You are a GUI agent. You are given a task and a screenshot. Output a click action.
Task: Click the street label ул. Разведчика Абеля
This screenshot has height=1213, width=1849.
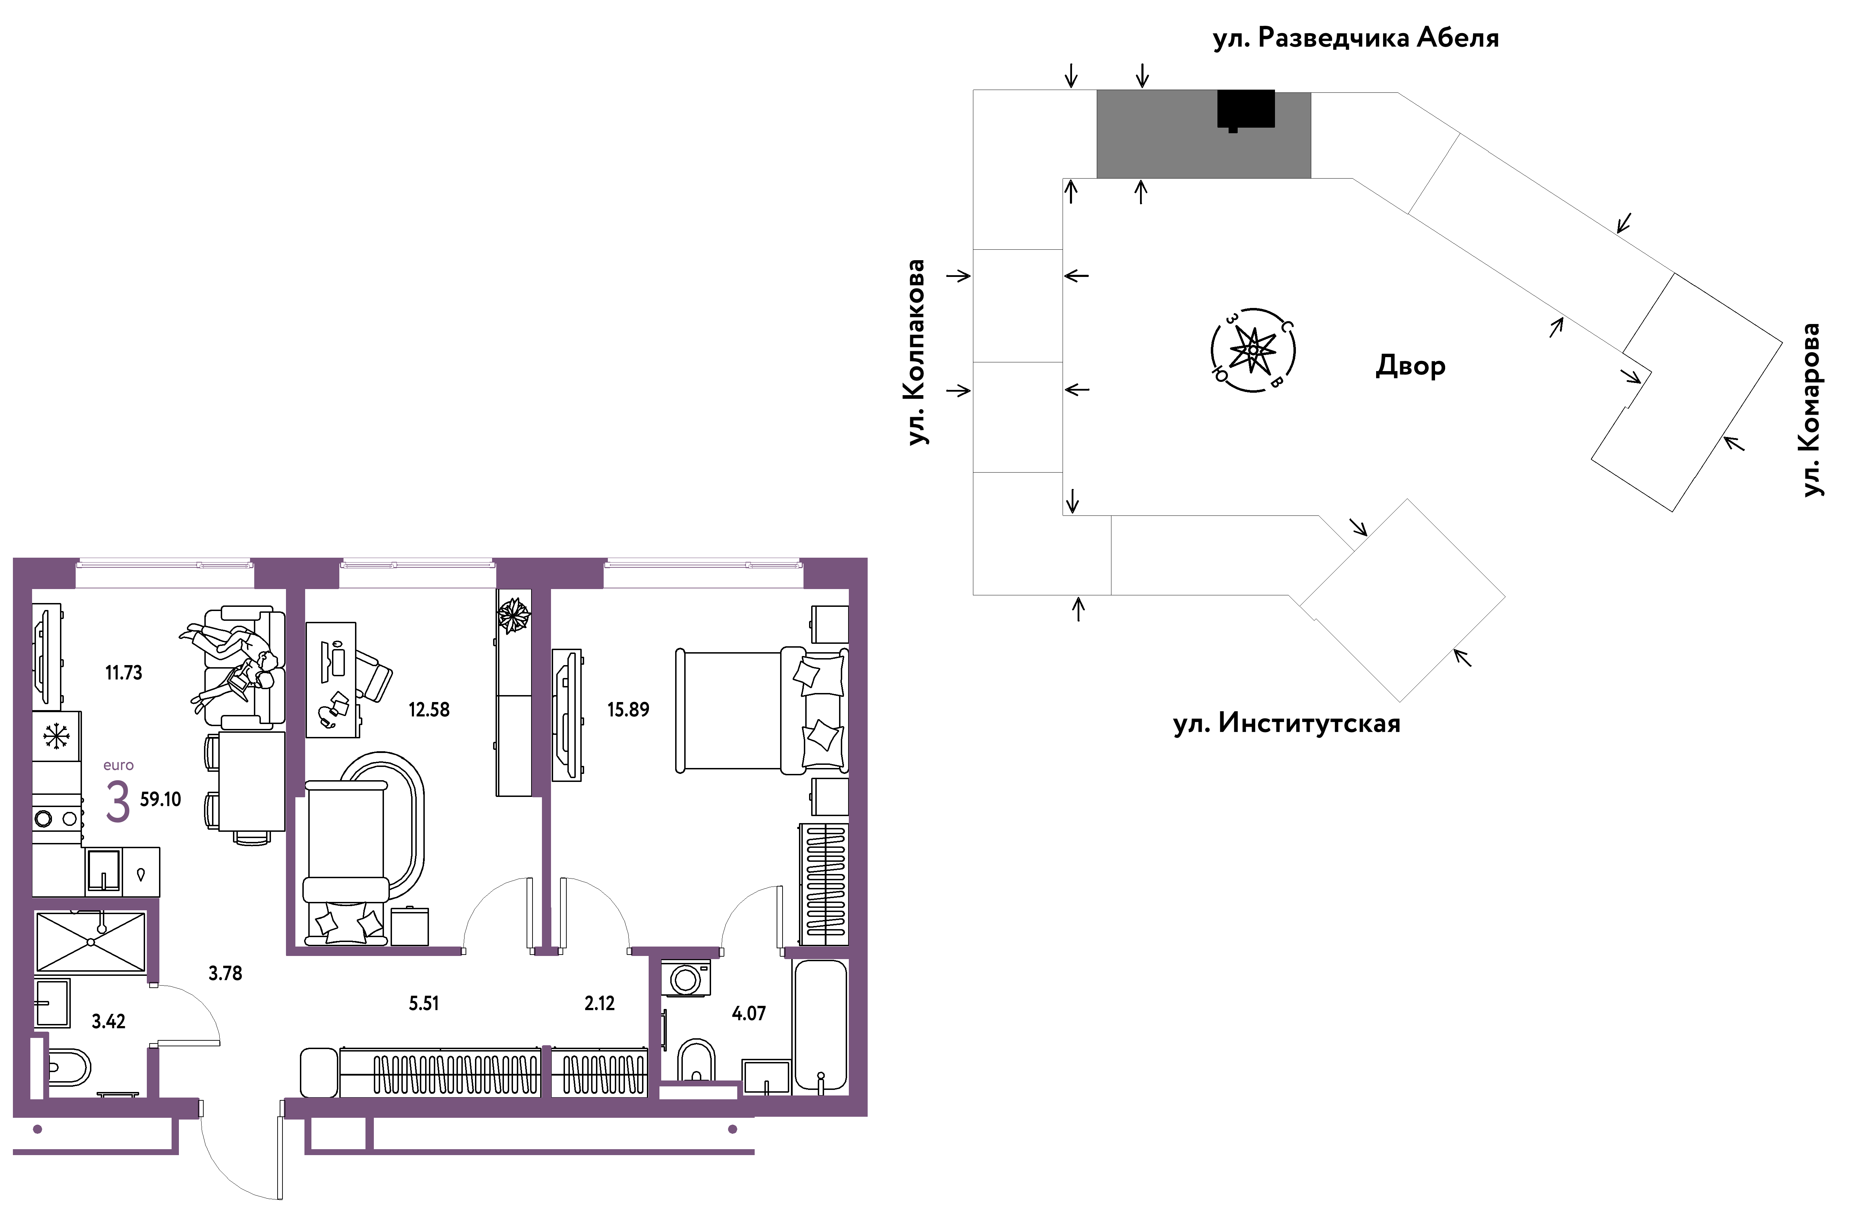(x=1356, y=38)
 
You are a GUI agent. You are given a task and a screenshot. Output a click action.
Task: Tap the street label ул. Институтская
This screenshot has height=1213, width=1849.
(x=1286, y=723)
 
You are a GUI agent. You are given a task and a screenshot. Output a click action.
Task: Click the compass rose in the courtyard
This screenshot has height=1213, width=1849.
(x=1252, y=350)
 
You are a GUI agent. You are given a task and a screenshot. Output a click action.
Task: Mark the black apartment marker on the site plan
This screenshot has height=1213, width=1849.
(x=1245, y=110)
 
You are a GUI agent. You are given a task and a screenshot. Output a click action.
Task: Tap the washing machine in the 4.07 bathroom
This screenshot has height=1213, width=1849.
(x=685, y=978)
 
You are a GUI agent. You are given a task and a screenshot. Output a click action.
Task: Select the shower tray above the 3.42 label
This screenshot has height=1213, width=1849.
(x=91, y=942)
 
